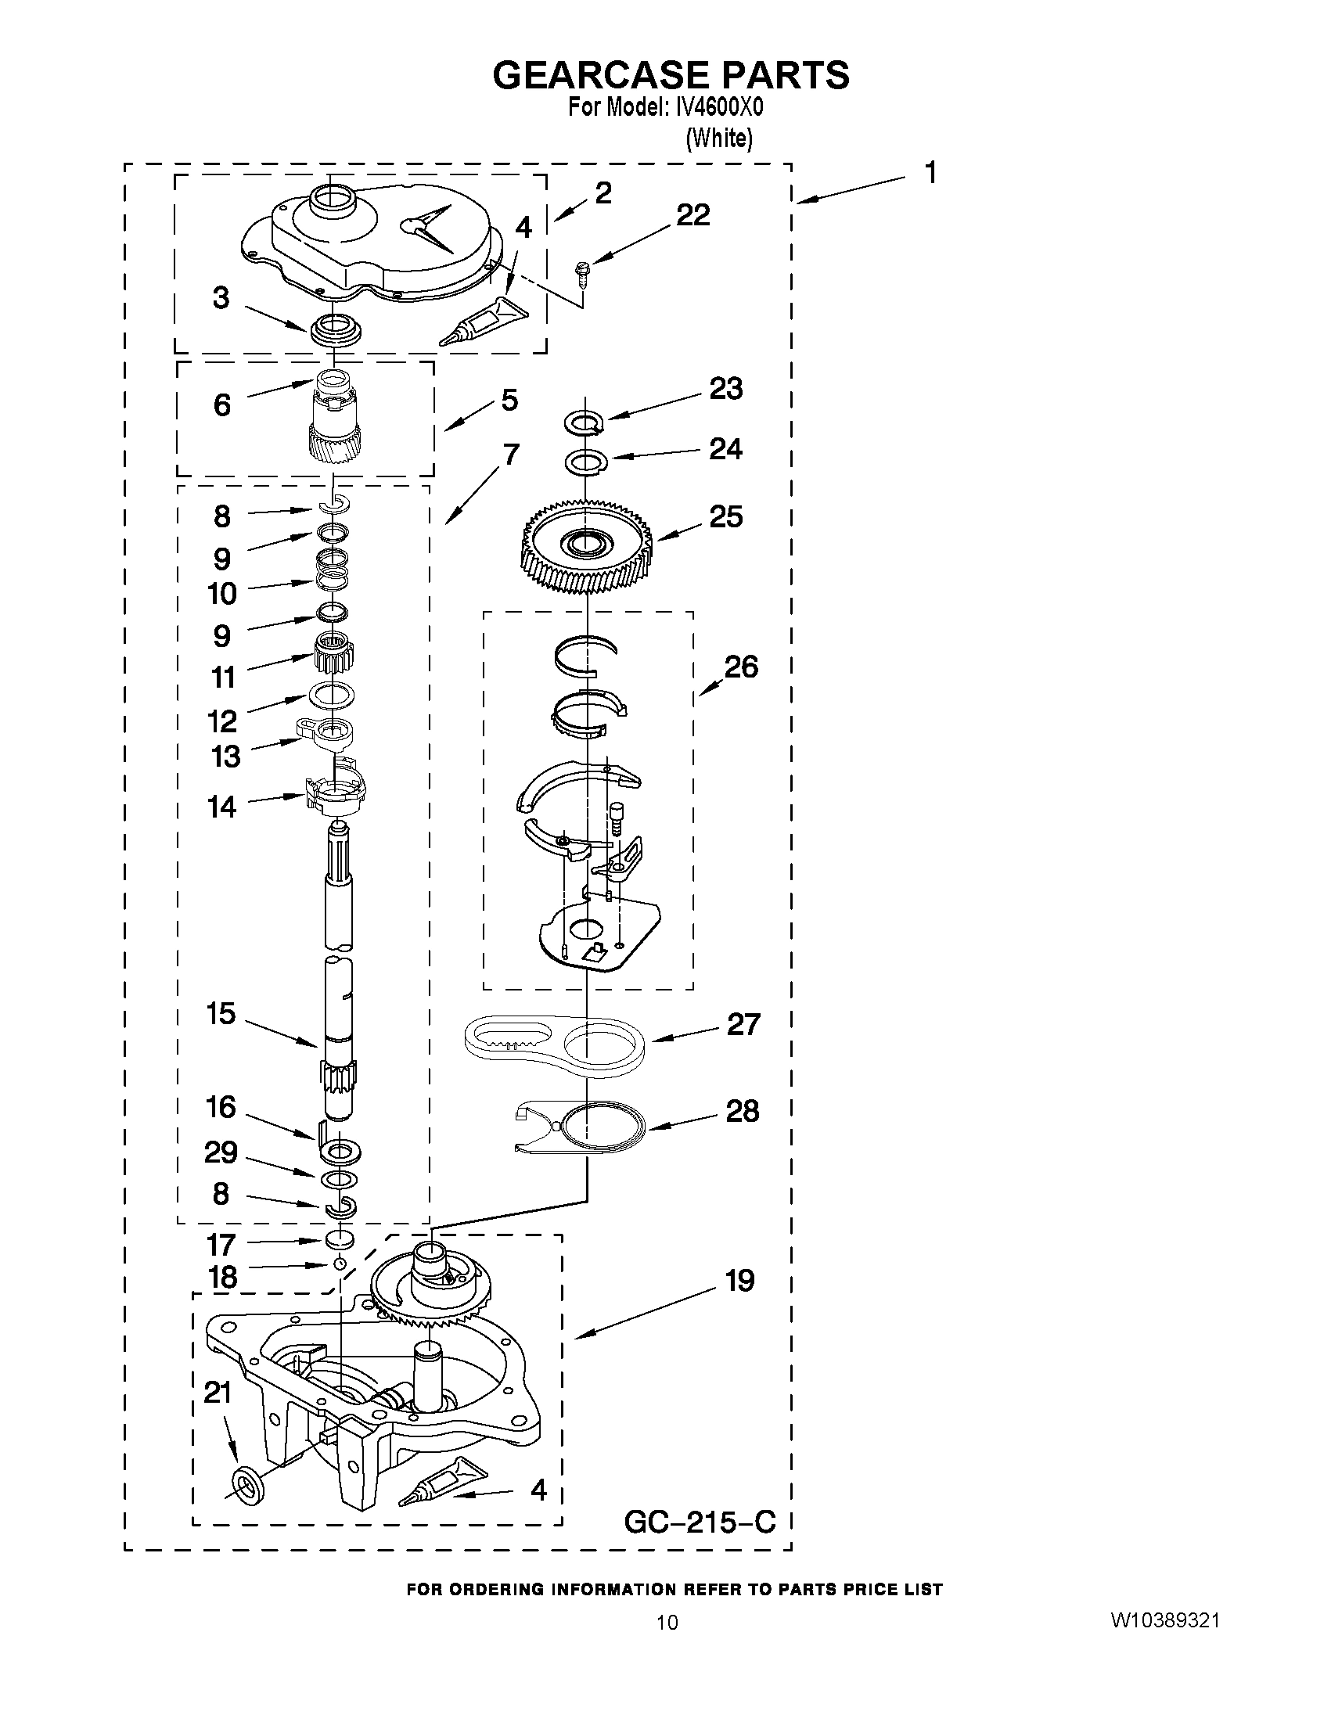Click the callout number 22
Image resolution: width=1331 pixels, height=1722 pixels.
pyautogui.click(x=692, y=214)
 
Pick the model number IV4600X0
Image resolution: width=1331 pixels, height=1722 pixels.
pyautogui.click(x=714, y=108)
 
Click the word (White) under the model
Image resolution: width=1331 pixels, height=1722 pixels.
pyautogui.click(x=719, y=138)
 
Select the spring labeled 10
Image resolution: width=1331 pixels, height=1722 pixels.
pyautogui.click(x=332, y=570)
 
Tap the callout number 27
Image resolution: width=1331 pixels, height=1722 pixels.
pyautogui.click(x=743, y=1025)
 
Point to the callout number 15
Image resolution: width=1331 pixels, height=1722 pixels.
pyautogui.click(x=221, y=1013)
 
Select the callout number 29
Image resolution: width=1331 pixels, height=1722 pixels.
pyautogui.click(x=221, y=1152)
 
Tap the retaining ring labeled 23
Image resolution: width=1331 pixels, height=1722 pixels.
pyautogui.click(x=585, y=423)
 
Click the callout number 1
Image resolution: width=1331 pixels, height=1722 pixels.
pyautogui.click(x=930, y=173)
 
